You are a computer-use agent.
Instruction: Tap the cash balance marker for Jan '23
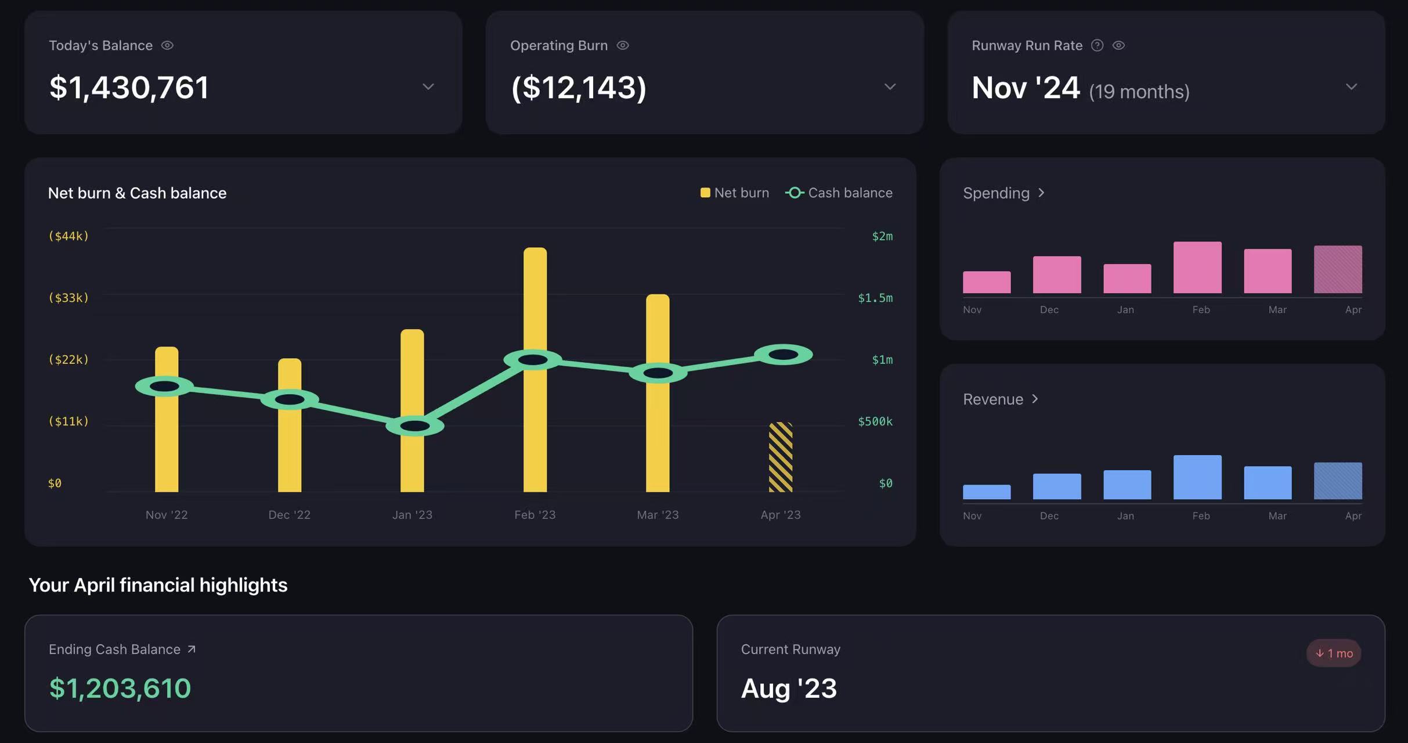[415, 426]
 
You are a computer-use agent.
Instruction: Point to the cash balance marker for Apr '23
[784, 355]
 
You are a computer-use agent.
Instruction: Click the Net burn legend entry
[735, 193]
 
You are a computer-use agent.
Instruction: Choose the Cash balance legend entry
[839, 193]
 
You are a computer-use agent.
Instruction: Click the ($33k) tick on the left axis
[68, 298]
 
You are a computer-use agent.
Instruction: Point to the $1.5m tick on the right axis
[875, 298]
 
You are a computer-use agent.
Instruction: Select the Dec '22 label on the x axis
[289, 515]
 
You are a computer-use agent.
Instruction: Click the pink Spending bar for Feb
[1197, 268]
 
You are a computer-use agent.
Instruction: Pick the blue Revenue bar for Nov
[987, 492]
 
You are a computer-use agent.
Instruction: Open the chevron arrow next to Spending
[1041, 193]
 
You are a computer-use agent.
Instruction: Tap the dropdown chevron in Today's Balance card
[428, 87]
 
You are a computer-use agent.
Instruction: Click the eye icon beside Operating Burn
[623, 45]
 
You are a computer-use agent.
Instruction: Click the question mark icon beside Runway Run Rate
[1097, 45]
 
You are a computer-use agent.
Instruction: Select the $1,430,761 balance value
[129, 88]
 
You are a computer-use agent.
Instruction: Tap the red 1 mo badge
[1334, 653]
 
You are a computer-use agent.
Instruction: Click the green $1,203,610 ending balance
[120, 688]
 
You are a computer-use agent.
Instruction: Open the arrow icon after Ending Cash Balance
[192, 649]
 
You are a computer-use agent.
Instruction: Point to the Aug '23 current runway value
[789, 688]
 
